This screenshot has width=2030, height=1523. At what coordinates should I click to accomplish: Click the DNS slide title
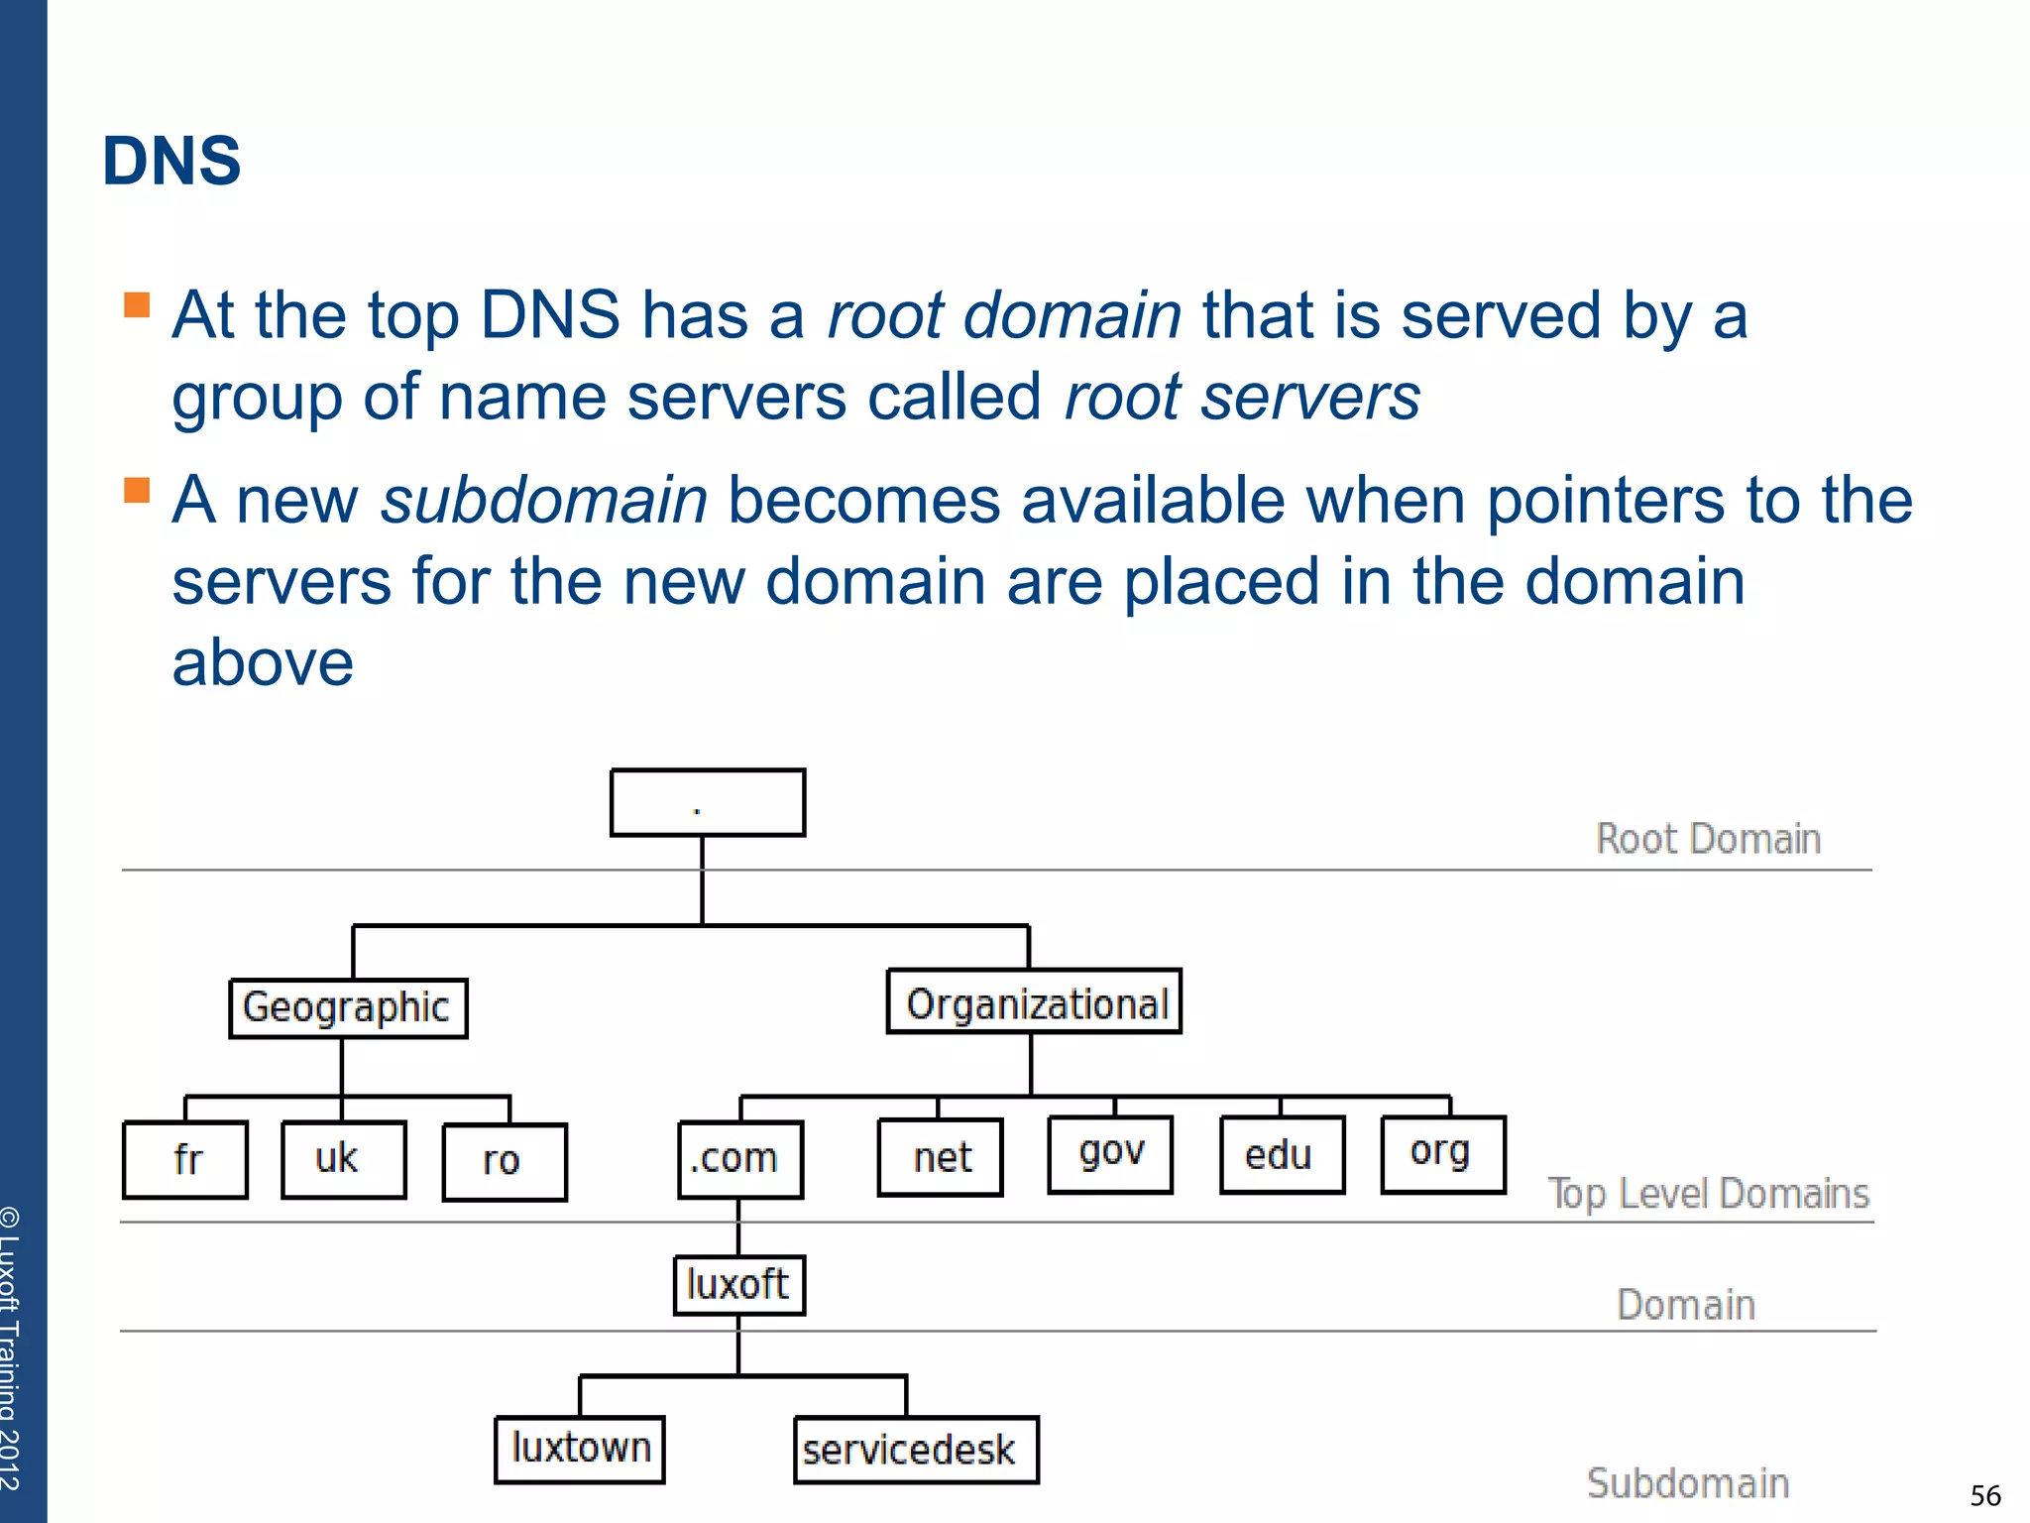pos(171,161)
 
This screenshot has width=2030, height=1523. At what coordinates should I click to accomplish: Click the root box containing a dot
pos(707,802)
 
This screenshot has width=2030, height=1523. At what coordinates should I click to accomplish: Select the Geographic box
pos(348,1008)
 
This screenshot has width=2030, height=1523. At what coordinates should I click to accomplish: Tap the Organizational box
pos(1034,1001)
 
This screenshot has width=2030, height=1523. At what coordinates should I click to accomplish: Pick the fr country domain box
pos(185,1159)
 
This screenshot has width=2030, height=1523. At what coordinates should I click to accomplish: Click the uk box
pos(343,1159)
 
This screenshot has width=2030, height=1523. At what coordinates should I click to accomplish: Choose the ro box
pos(505,1161)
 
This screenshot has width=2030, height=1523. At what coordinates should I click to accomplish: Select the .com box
pos(739,1159)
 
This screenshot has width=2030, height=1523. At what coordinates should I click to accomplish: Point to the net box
pos(940,1157)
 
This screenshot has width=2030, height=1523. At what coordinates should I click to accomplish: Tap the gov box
pos(1110,1154)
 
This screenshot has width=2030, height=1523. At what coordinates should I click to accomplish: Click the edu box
pos(1282,1155)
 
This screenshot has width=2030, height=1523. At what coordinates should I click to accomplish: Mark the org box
pos(1443,1153)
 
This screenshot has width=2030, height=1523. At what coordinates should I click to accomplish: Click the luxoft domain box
pos(738,1285)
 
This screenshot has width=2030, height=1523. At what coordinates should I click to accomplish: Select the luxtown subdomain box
pos(580,1449)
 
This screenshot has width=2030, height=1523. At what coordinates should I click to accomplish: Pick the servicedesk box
pos(915,1450)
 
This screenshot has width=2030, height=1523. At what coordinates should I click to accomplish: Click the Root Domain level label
pos(1708,839)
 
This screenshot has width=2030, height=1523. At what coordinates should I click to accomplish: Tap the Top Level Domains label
pos(1708,1194)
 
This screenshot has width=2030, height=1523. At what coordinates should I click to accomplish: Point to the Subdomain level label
pos(1688,1483)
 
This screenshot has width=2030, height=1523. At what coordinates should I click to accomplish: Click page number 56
pos(1984,1495)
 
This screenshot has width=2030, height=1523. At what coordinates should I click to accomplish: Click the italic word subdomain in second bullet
pos(544,500)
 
